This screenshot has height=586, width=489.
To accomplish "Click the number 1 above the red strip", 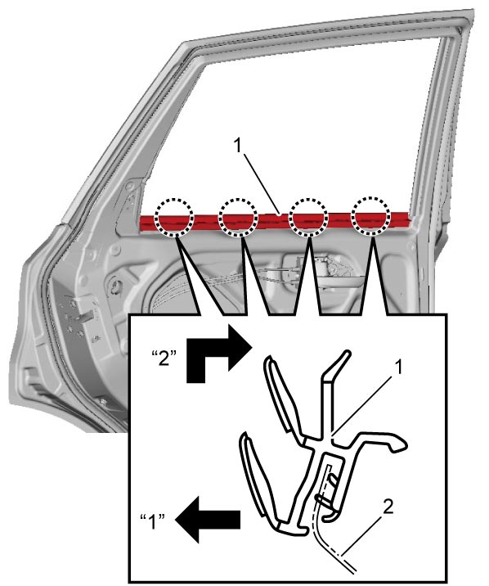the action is tap(238, 146).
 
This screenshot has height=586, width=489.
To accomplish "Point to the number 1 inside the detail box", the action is tap(399, 367).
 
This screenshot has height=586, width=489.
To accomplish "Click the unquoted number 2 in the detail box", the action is tap(388, 507).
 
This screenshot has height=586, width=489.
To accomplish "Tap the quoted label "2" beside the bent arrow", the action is tap(164, 358).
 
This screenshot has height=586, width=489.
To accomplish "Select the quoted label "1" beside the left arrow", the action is tap(153, 521).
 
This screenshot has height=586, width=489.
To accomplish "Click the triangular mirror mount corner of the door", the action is tap(128, 202).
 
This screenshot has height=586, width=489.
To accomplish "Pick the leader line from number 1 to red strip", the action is tap(262, 184).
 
